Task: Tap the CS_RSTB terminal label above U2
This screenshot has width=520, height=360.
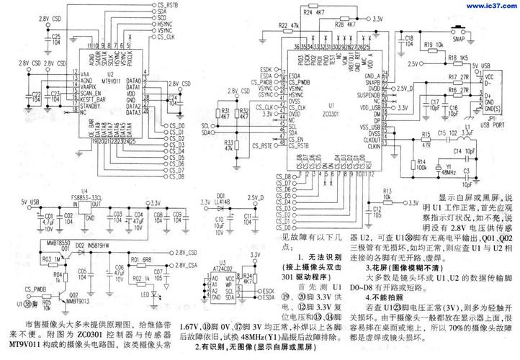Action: pyautogui.click(x=166, y=5)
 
